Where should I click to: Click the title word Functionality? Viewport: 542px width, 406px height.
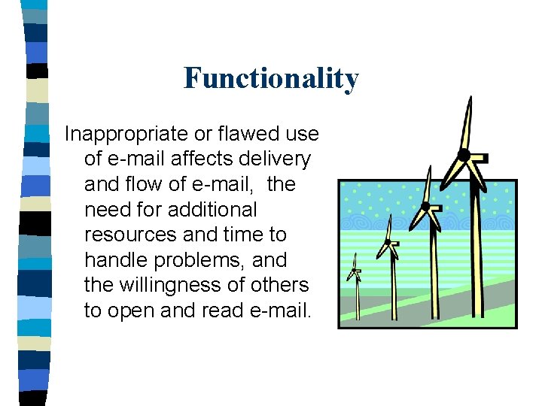pos(271,77)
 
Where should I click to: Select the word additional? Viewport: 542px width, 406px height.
pos(213,209)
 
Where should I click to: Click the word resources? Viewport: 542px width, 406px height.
pos(131,235)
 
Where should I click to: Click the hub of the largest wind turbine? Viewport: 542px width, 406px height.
pos(464,156)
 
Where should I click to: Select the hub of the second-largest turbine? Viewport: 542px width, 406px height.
pos(426,205)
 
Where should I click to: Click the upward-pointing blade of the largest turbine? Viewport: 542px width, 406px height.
pos(467,124)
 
